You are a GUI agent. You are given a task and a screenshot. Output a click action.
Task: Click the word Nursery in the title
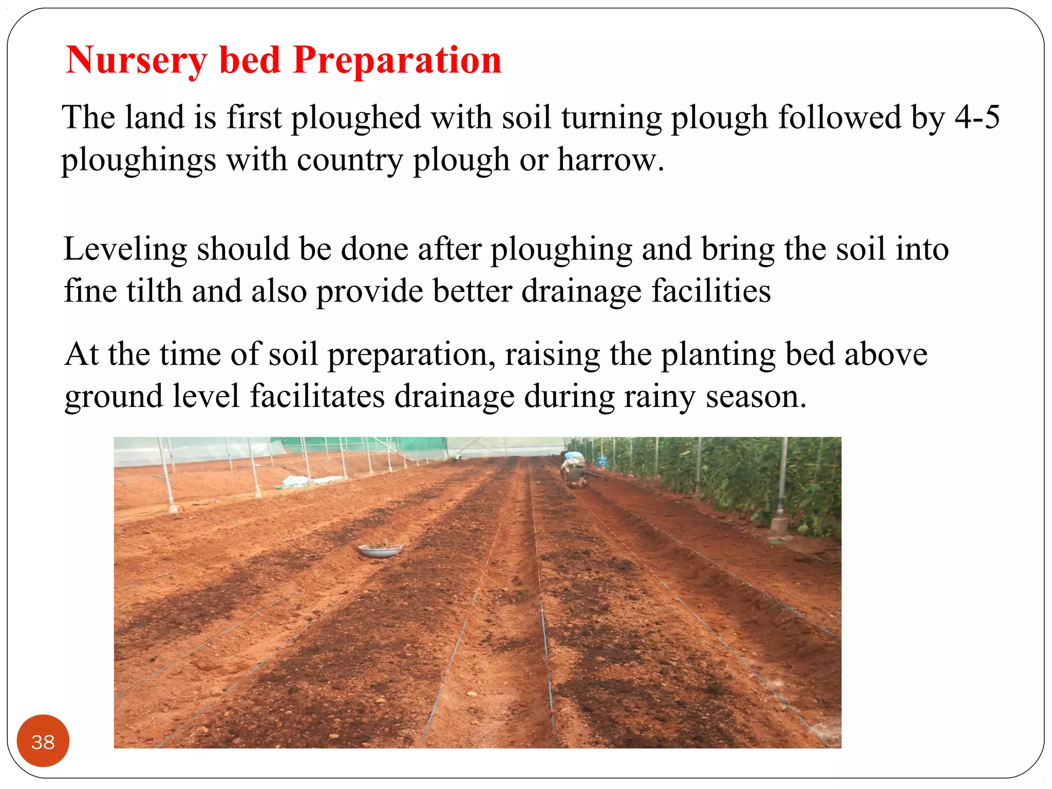click(137, 61)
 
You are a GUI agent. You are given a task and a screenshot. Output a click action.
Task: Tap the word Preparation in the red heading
click(397, 61)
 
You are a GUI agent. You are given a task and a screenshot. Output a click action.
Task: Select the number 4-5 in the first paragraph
click(978, 117)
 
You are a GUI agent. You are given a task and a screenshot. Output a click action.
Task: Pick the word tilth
click(155, 291)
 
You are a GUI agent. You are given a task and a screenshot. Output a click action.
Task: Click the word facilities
click(711, 291)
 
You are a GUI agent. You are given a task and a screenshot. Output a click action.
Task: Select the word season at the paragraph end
click(756, 398)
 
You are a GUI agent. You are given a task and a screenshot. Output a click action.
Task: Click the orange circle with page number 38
click(43, 741)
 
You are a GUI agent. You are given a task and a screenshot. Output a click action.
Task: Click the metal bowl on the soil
click(380, 550)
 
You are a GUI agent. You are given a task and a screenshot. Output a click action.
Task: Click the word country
click(350, 160)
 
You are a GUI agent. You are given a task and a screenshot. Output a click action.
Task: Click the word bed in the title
click(250, 61)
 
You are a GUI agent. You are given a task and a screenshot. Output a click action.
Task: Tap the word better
click(472, 291)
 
